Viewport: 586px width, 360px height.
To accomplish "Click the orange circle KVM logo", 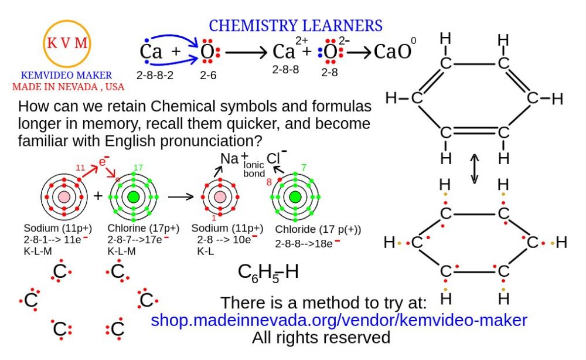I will (66, 43).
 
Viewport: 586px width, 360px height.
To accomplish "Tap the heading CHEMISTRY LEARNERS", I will (296, 26).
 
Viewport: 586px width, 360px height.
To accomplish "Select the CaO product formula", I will (393, 52).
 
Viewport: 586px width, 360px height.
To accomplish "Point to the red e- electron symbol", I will (104, 162).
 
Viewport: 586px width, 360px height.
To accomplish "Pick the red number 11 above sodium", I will (80, 168).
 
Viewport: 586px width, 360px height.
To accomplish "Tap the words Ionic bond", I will (254, 169).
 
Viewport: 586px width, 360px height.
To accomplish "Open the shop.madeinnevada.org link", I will (339, 321).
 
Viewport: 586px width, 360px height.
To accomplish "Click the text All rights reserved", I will (321, 338).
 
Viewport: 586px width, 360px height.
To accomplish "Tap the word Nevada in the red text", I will (80, 87).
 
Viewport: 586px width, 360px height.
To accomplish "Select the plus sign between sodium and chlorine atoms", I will (98, 195).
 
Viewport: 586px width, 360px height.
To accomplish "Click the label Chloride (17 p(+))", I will (318, 229).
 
